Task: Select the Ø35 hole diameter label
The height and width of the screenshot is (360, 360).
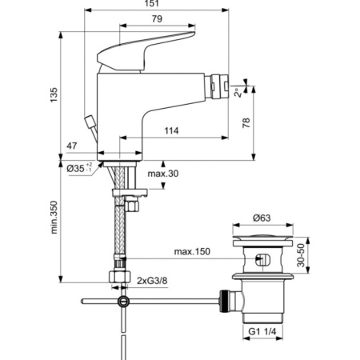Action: [77, 168]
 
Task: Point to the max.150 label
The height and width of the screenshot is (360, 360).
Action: [194, 252]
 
